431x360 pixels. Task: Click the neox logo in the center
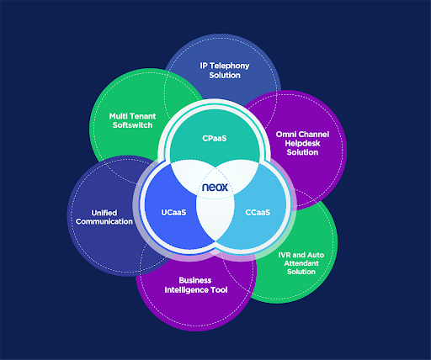click(x=215, y=187)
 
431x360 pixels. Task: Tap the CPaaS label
click(x=215, y=138)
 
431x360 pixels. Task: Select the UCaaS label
click(x=173, y=213)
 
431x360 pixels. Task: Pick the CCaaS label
click(x=258, y=213)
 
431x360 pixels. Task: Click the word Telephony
click(x=230, y=66)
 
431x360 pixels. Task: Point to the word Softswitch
click(x=132, y=125)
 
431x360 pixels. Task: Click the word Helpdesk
click(x=302, y=144)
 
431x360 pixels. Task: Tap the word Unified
click(x=104, y=213)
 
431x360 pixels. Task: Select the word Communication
click(x=104, y=221)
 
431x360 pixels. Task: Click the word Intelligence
click(x=186, y=290)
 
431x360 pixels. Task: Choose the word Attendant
click(x=301, y=263)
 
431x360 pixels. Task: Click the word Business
click(x=195, y=280)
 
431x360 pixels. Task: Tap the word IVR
click(x=285, y=255)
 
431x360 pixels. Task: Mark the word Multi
click(x=117, y=116)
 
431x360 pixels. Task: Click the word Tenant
click(x=141, y=116)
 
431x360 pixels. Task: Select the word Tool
click(x=219, y=290)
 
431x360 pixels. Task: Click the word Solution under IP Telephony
click(x=225, y=75)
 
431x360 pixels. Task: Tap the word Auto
click(x=316, y=255)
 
